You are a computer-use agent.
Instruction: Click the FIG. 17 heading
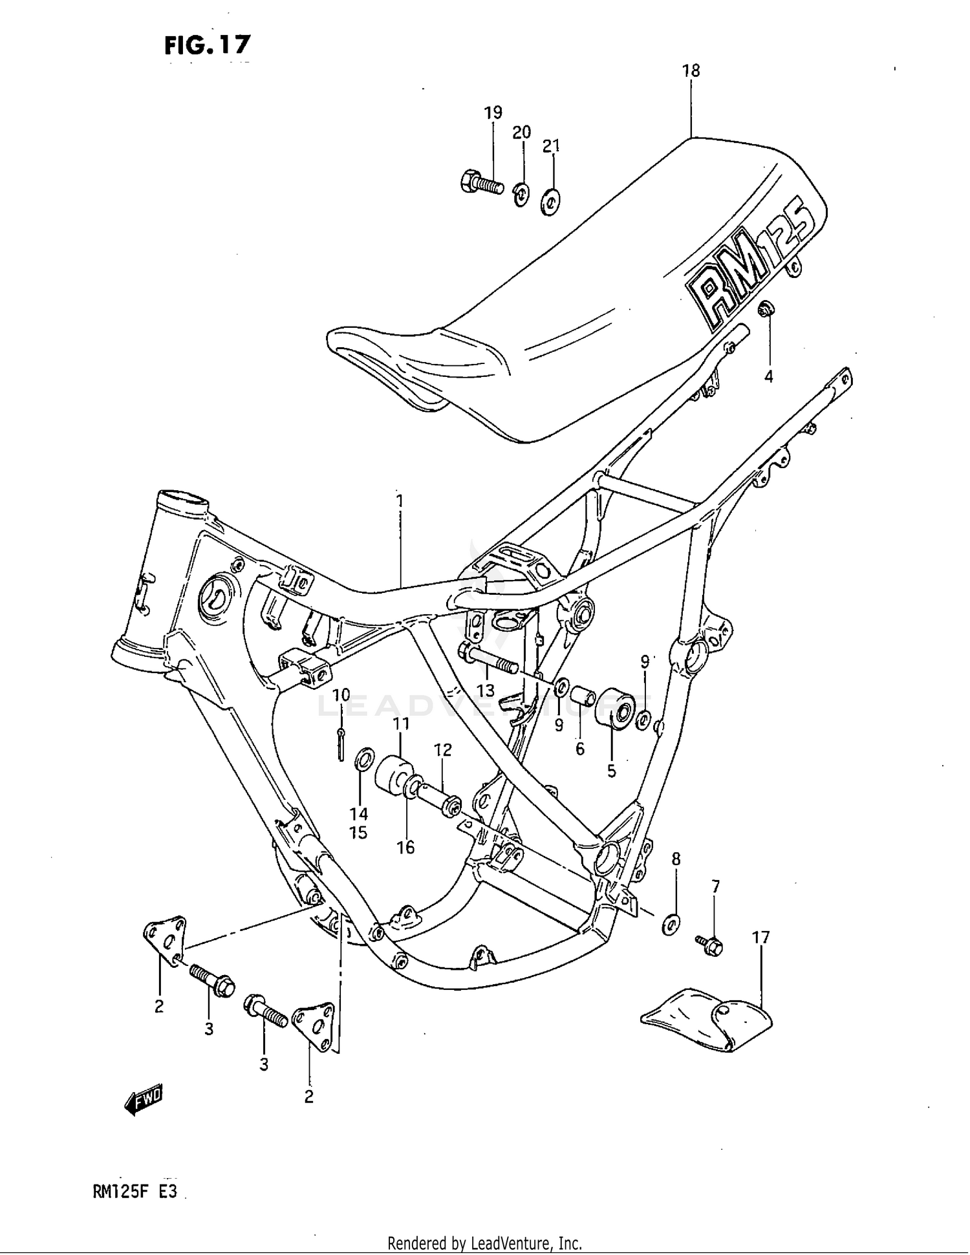click(207, 45)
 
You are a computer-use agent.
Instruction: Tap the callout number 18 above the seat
click(691, 70)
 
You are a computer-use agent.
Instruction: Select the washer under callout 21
click(550, 203)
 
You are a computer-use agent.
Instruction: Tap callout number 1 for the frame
click(400, 501)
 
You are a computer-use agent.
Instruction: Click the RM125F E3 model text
click(135, 1192)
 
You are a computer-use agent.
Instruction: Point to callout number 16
click(405, 847)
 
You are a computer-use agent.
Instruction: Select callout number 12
click(442, 750)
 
